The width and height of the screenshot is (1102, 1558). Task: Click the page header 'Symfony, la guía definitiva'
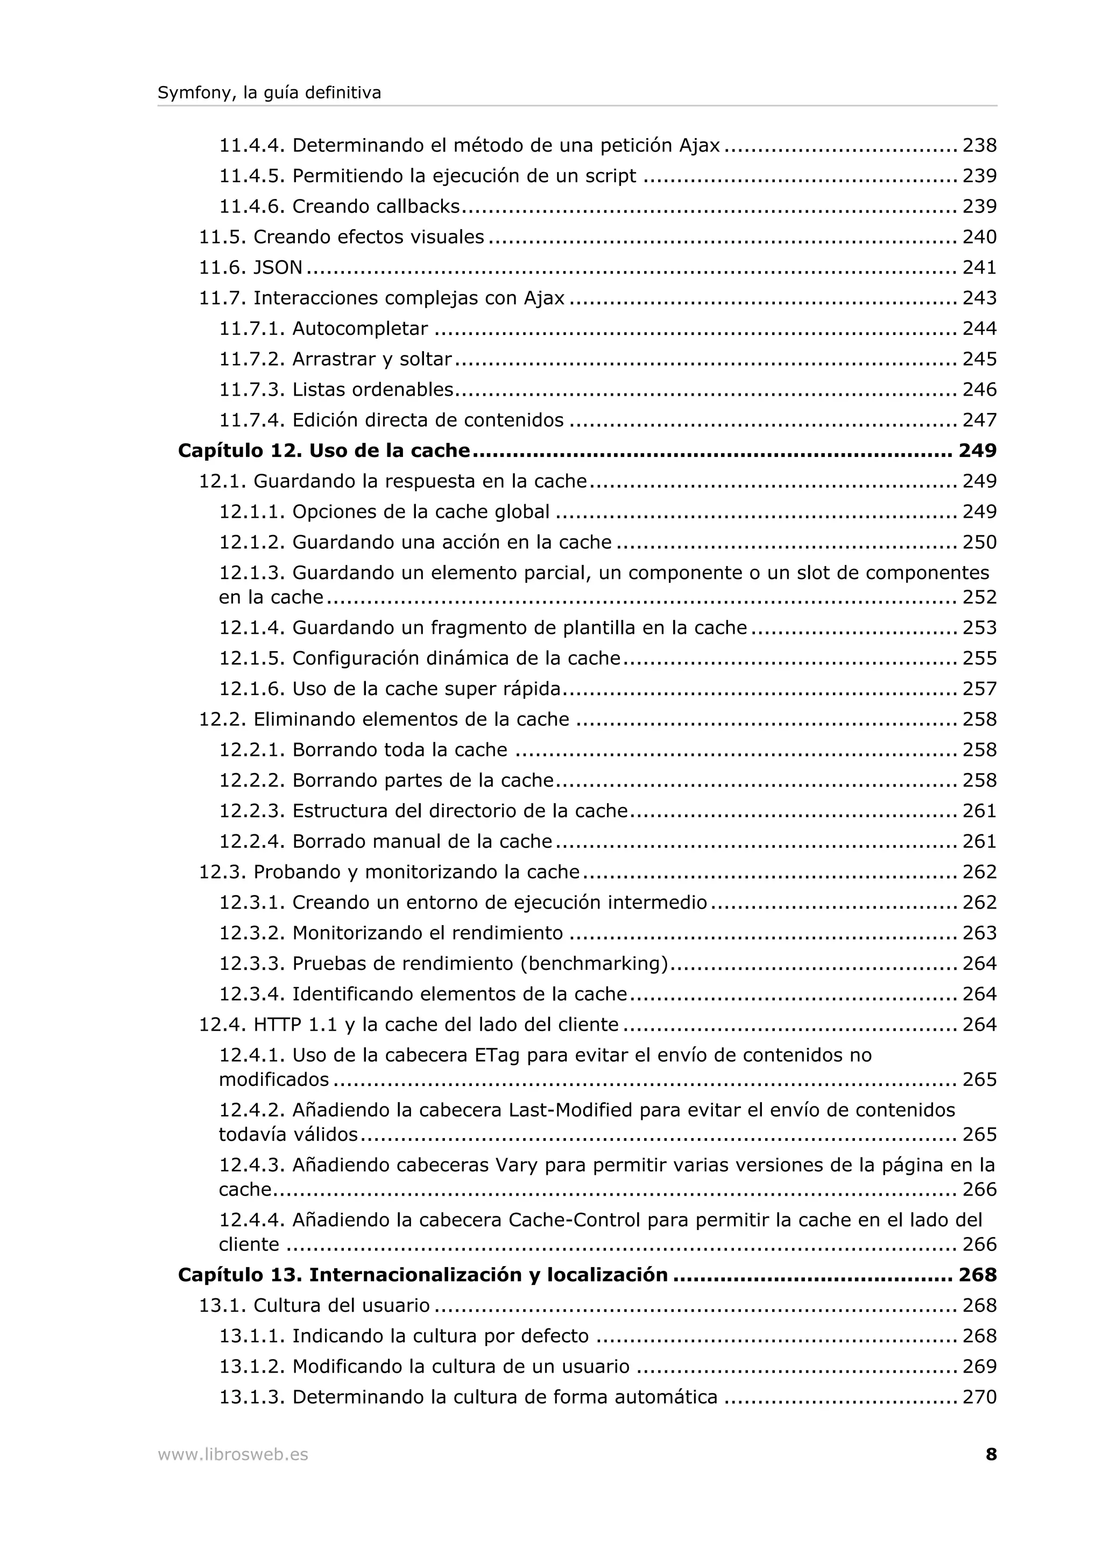269,93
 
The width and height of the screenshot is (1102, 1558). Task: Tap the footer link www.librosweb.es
233,1454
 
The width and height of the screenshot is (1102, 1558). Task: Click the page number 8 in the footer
991,1454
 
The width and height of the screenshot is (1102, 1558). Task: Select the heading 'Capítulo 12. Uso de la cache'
324,451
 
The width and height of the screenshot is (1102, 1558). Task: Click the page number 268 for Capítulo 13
977,1275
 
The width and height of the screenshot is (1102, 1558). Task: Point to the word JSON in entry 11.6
278,267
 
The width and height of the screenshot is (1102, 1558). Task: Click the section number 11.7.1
251,328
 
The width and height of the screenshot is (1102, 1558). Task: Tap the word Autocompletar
360,328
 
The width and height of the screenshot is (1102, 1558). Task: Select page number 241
979,267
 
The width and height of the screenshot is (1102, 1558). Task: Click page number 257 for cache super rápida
979,689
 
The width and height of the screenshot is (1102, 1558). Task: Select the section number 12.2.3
251,811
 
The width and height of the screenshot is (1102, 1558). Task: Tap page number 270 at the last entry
979,1397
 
